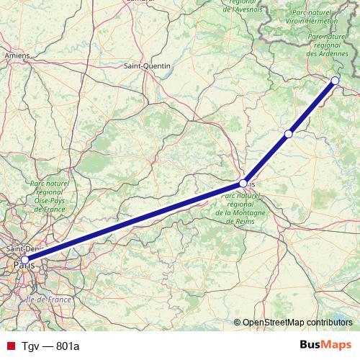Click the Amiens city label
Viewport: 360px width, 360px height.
click(x=17, y=55)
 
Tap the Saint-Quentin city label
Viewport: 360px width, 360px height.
click(x=147, y=66)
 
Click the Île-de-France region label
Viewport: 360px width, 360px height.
click(x=45, y=298)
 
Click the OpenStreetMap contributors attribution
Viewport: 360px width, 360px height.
click(x=297, y=323)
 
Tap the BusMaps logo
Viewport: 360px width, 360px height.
click(x=326, y=345)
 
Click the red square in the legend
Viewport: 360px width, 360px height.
click(x=9, y=346)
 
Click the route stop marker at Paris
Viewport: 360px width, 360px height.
click(x=24, y=260)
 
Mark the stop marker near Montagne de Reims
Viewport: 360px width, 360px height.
click(x=243, y=184)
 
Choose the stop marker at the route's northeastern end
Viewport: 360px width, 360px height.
click(x=335, y=81)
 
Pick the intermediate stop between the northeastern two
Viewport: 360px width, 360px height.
click(x=289, y=134)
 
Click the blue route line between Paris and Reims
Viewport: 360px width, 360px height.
click(x=134, y=222)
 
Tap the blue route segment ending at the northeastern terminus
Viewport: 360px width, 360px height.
click(x=312, y=107)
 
